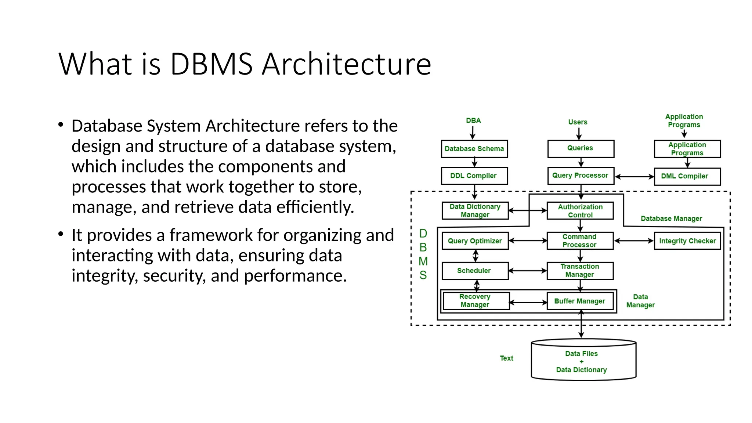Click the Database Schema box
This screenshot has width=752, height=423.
pyautogui.click(x=474, y=149)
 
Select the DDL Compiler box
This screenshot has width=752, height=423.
pyautogui.click(x=474, y=176)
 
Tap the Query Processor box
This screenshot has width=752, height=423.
pyautogui.click(x=580, y=176)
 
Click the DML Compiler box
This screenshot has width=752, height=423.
pyautogui.click(x=687, y=176)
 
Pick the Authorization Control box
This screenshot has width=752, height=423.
pyautogui.click(x=580, y=211)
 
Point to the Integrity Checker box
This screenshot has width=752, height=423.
pyautogui.click(x=687, y=241)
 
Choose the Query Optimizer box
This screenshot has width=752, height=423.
pyautogui.click(x=475, y=241)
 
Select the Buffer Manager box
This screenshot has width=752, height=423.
pyautogui.click(x=580, y=301)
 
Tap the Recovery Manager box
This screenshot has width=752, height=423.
pyautogui.click(x=476, y=301)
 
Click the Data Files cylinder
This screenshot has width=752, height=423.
pyautogui.click(x=583, y=361)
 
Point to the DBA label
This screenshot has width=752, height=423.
pyautogui.click(x=473, y=120)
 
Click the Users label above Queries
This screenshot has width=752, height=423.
pyautogui.click(x=578, y=122)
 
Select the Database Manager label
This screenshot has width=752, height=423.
pyautogui.click(x=671, y=218)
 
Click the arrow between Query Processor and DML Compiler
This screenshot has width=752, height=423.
pyautogui.click(x=634, y=177)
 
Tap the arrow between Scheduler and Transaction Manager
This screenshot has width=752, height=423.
pyautogui.click(x=528, y=271)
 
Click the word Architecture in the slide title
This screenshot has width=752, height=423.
pyautogui.click(x=346, y=64)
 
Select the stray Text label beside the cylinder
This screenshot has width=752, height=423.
pyautogui.click(x=506, y=358)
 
